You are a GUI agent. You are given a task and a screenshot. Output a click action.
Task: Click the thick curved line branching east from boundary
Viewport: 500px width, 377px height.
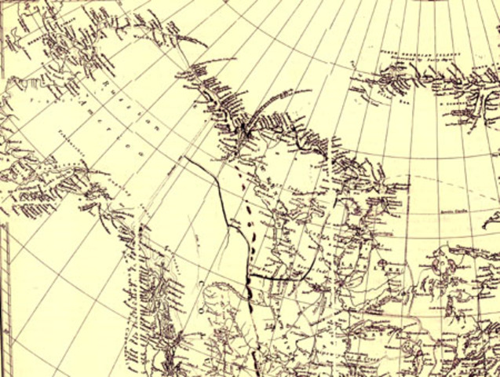tap(275, 277)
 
